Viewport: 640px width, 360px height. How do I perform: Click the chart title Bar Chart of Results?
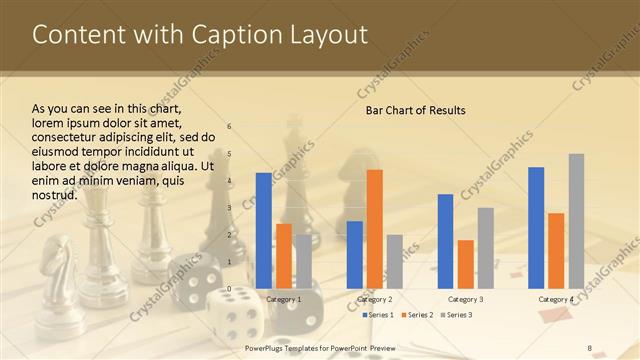(415, 110)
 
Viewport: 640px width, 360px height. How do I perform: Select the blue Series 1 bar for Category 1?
(263, 230)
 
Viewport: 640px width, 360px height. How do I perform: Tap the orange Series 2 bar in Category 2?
(375, 229)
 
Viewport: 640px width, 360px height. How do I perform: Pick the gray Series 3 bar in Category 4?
(576, 221)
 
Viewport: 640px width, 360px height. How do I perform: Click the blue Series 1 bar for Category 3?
(445, 241)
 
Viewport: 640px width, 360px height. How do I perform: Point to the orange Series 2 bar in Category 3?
(466, 264)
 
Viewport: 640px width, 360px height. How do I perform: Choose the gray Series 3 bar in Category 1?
(303, 261)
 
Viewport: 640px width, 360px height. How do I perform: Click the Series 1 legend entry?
(378, 315)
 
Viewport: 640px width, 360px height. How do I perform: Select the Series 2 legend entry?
(416, 315)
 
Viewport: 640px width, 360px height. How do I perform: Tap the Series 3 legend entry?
(456, 315)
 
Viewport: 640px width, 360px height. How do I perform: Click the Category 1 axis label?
(284, 299)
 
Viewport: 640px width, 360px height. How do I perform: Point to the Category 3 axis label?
(466, 299)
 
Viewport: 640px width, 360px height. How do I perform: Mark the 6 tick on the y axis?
(230, 126)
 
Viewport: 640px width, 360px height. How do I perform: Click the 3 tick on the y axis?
(230, 207)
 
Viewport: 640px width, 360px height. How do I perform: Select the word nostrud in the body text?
(55, 194)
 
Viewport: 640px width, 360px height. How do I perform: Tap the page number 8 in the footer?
(589, 348)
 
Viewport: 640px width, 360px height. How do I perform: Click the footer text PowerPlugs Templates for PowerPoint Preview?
(320, 348)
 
